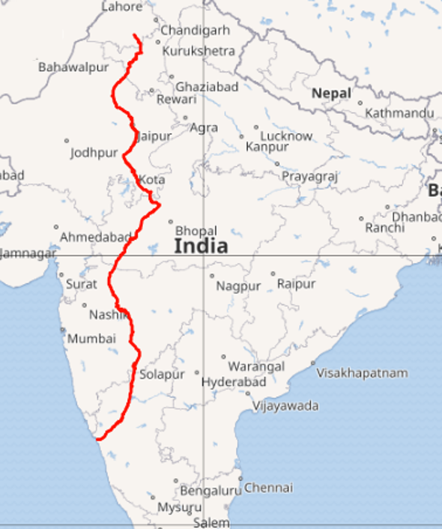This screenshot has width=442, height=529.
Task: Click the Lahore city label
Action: pos(121,7)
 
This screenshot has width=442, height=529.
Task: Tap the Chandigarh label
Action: pos(195,31)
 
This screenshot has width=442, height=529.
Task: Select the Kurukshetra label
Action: pos(199,51)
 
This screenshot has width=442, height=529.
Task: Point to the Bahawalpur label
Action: pos(73,67)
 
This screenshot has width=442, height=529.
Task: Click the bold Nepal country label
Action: pos(331,93)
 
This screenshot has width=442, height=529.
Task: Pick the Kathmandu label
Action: pos(399,113)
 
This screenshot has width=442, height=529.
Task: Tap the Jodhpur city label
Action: pos(94,153)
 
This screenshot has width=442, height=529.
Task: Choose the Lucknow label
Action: pos(286,136)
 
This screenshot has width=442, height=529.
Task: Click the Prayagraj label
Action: pos(310,176)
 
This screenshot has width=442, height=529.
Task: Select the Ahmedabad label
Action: pos(96,237)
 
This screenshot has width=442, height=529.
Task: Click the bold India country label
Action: pos(201,246)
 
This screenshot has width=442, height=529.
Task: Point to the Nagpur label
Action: pos(238,286)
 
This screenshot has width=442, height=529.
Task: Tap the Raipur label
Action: pos(296,283)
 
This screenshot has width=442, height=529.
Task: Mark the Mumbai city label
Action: pos(91,339)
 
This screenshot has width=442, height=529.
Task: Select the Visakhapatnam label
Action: pos(362,372)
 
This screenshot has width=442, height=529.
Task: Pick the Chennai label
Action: pos(268,488)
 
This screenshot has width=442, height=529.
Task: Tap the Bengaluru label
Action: pos(211,491)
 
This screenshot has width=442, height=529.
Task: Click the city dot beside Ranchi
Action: pos(361,219)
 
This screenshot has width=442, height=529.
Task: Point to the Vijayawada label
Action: pos(285,406)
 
